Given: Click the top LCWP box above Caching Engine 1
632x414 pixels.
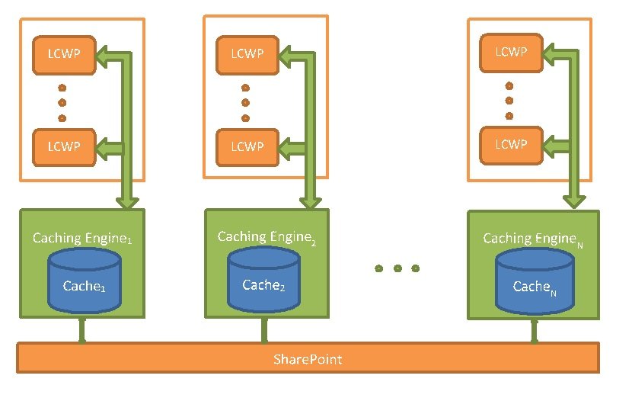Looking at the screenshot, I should (x=63, y=54).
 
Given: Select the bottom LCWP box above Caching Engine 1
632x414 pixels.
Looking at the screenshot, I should (x=63, y=146).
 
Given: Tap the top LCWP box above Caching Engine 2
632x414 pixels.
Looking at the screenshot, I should (x=247, y=53).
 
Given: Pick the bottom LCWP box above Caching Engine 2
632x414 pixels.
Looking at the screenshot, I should (x=247, y=146).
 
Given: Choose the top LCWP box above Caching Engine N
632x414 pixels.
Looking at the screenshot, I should (x=510, y=52).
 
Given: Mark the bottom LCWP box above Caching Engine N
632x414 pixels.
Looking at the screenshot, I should (x=510, y=144).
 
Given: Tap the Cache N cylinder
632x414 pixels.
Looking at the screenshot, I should (x=534, y=281).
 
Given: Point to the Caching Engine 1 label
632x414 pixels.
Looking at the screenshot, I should (x=82, y=239).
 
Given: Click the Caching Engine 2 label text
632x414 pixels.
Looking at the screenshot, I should (x=266, y=237).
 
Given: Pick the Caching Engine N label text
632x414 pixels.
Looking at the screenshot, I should (x=533, y=239).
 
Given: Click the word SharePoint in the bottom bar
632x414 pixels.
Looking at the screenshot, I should (x=308, y=358).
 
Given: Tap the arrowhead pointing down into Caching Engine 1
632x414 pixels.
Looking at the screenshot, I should (x=129, y=201).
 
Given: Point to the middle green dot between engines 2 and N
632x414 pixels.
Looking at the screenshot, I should (x=397, y=268).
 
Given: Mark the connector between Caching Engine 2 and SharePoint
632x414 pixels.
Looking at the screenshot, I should (x=264, y=331).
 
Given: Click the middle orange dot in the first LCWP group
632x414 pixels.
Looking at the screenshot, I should (x=62, y=102).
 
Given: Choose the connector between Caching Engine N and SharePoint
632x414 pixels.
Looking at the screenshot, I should (x=534, y=331).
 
